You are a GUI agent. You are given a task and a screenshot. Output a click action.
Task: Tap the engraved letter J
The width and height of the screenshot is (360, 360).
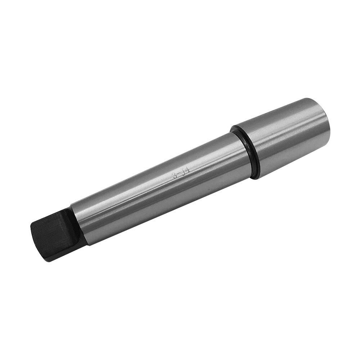(183, 173)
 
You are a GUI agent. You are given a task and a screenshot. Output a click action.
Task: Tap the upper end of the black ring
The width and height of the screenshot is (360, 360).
(234, 128)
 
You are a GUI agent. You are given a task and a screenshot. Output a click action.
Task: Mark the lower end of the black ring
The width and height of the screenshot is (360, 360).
(256, 176)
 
